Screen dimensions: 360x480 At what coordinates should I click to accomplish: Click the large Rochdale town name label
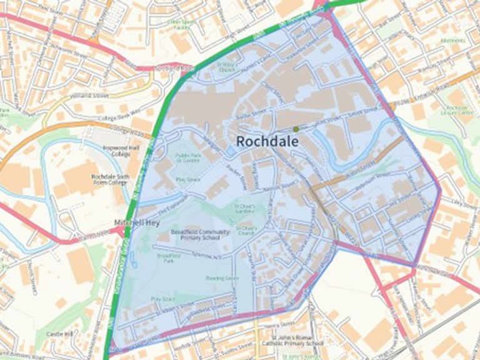coord(267,142)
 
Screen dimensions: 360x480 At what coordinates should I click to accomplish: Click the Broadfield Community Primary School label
coord(196,235)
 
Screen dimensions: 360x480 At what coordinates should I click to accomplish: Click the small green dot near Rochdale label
coord(296,129)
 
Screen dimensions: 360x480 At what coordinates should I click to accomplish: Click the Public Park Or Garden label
coord(187,157)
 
